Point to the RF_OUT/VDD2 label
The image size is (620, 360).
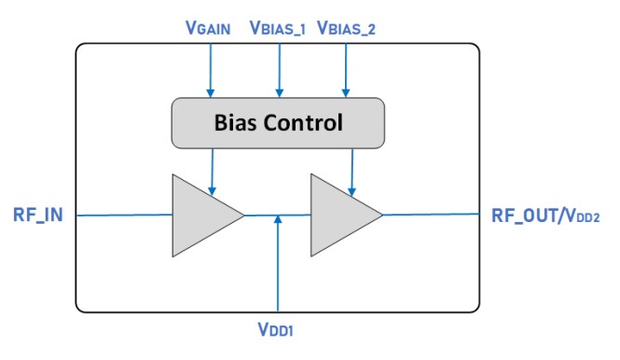coord(546,215)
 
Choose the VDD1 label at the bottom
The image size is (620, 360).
coord(278,329)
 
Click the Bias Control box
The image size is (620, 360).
coord(278,122)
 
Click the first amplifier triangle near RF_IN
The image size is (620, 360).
coord(200,215)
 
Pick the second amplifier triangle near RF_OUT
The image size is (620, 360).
coord(339,215)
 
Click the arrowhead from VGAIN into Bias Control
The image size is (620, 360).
coord(211,92)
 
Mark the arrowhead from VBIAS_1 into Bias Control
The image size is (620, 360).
coord(278,92)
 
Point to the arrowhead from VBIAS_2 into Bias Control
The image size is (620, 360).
coord(346,92)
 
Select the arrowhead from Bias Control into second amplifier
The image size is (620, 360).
coord(351,192)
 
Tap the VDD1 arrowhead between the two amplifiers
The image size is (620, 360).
coord(278,220)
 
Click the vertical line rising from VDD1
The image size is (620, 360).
coord(278,270)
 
